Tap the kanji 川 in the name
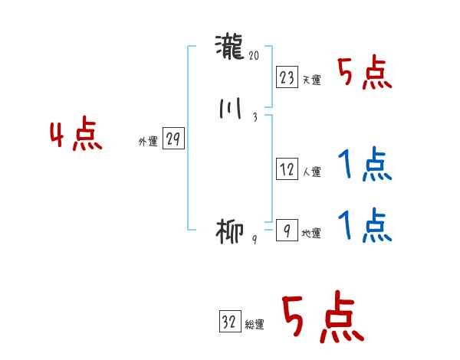(230, 110)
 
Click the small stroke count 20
(255, 55)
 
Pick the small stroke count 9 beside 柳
(255, 239)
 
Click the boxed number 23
(287, 77)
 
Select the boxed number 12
(287, 169)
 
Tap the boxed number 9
(286, 231)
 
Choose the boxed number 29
(173, 139)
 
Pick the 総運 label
(255, 325)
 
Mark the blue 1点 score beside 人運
(364, 165)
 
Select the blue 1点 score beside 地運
(364, 225)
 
